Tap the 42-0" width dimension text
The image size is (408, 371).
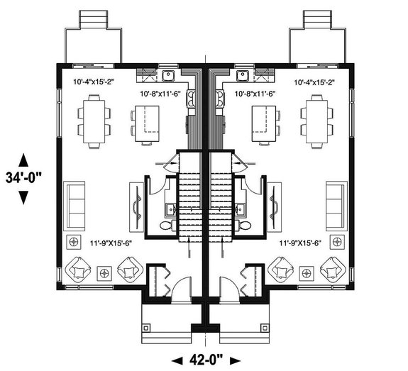pyautogui.click(x=204, y=359)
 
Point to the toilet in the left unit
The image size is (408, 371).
pyautogui.click(x=165, y=226)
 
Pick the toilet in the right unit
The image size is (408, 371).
pyautogui.click(x=246, y=226)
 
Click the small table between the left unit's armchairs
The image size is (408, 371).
pyautogui.click(x=104, y=272)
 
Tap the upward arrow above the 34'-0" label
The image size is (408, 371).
pyautogui.click(x=23, y=159)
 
